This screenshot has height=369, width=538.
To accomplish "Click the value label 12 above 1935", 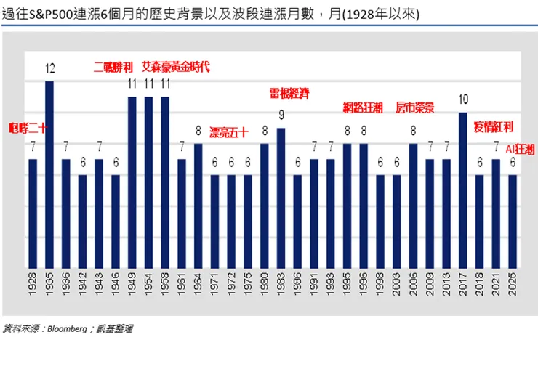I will point(49,70).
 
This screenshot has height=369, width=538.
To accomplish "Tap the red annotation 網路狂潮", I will point(363,108).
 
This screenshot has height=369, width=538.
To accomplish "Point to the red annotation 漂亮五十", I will point(229,132).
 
